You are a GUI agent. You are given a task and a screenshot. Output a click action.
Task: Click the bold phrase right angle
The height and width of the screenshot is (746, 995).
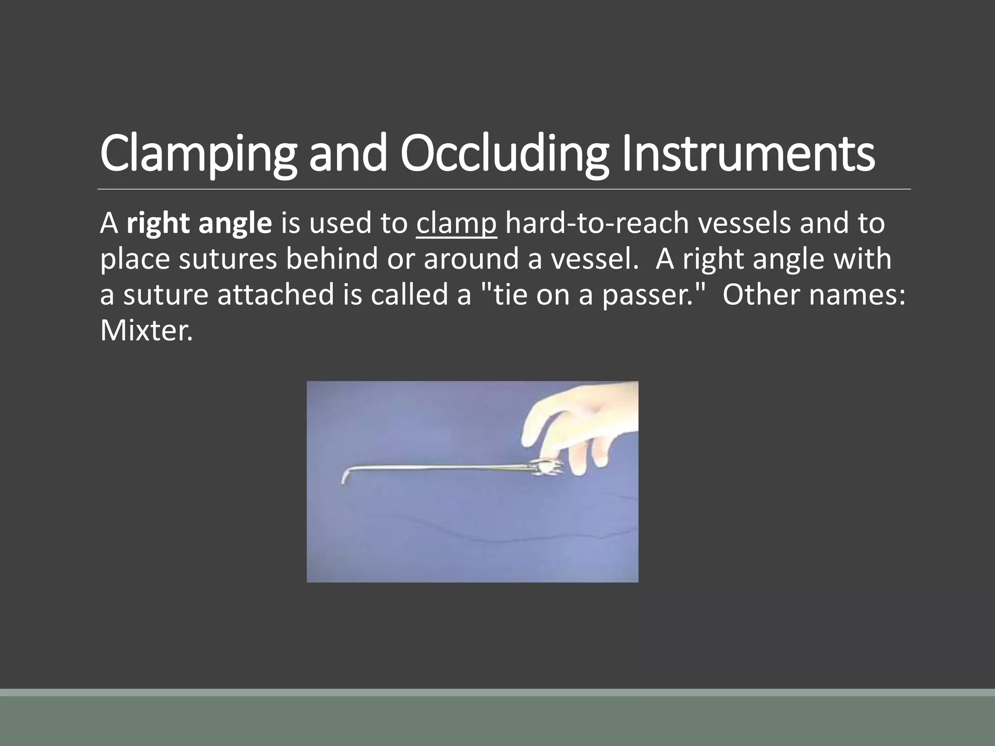199,224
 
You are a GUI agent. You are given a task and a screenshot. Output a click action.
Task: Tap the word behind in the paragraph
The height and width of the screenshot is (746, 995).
331,259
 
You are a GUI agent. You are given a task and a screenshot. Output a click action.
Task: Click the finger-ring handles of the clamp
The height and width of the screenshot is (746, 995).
547,468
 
